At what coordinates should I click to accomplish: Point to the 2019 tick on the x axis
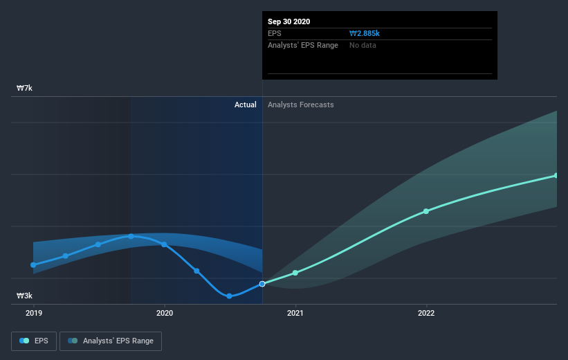pyautogui.click(x=33, y=313)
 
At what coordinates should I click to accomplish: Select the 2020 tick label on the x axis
pyautogui.click(x=164, y=313)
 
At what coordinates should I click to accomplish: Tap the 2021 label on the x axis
pyautogui.click(x=295, y=313)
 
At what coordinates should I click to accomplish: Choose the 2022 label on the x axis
pyautogui.click(x=426, y=313)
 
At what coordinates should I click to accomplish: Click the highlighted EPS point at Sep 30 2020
pyautogui.click(x=262, y=284)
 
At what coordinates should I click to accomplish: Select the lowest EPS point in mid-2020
pyautogui.click(x=229, y=296)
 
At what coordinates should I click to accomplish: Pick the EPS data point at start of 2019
pyautogui.click(x=33, y=264)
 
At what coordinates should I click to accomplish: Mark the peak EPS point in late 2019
pyautogui.click(x=131, y=236)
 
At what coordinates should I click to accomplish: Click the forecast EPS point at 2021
pyautogui.click(x=295, y=273)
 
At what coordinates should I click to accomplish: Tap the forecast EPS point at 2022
pyautogui.click(x=426, y=211)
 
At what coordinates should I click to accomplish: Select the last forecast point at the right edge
pyautogui.click(x=556, y=175)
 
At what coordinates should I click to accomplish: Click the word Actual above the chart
pyautogui.click(x=245, y=105)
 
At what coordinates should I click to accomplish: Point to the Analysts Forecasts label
pyautogui.click(x=300, y=105)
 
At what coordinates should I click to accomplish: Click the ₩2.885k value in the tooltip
pyautogui.click(x=365, y=33)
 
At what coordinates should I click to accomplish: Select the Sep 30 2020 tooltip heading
pyautogui.click(x=289, y=21)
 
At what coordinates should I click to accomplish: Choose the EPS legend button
pyautogui.click(x=34, y=341)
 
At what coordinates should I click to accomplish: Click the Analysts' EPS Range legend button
pyautogui.click(x=111, y=341)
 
